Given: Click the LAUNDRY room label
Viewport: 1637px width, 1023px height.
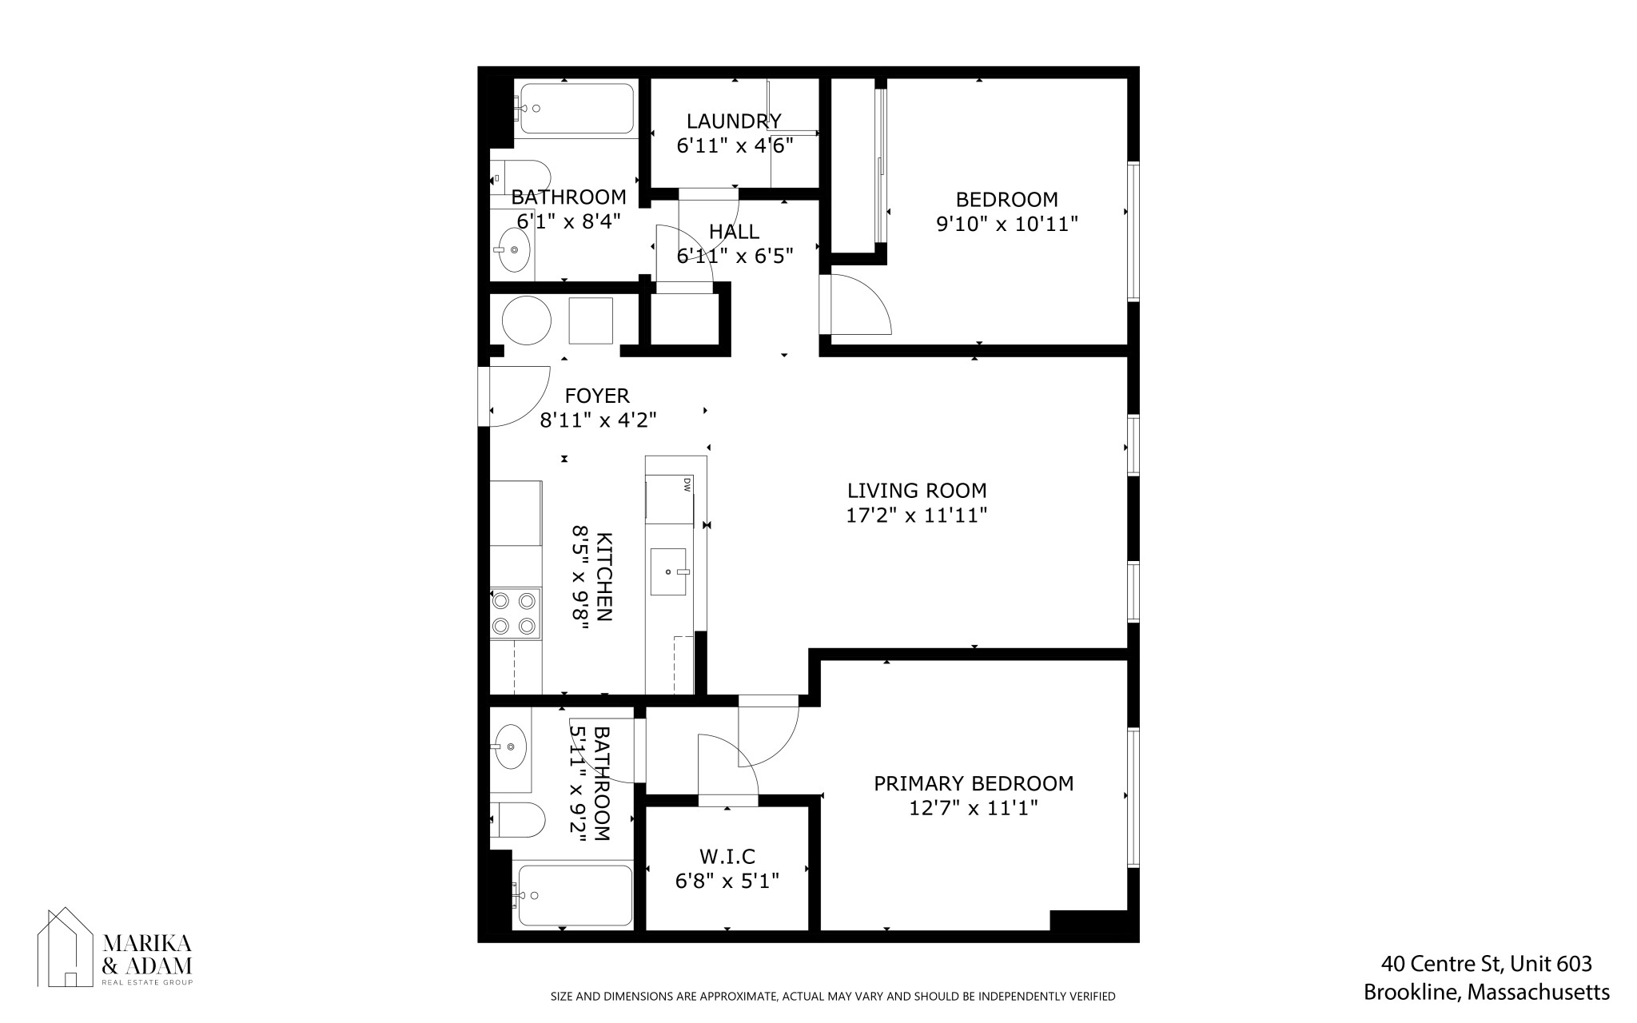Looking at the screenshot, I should click(734, 121).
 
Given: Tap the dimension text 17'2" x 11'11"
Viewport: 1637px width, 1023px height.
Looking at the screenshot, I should click(917, 515).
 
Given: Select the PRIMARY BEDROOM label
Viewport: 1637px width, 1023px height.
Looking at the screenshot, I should click(973, 783).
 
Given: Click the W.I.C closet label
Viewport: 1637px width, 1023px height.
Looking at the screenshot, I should click(727, 857).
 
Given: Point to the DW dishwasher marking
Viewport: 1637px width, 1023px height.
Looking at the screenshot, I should click(687, 484).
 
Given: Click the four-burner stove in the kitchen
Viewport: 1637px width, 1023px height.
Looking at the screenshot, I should click(515, 613).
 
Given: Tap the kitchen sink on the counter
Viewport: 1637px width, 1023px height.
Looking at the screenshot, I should click(668, 571).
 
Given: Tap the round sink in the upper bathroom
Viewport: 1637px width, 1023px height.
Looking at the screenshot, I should click(512, 249).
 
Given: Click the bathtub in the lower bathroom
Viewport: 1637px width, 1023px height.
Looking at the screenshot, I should click(573, 895).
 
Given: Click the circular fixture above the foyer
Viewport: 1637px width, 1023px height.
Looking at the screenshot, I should click(526, 320).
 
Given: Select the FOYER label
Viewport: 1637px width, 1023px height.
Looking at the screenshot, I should click(596, 396).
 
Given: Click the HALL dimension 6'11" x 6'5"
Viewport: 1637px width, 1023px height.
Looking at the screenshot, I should click(735, 256).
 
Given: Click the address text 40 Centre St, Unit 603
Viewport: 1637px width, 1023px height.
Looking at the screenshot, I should click(1487, 964).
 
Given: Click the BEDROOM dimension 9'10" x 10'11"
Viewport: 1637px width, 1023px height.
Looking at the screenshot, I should click(1007, 224).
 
